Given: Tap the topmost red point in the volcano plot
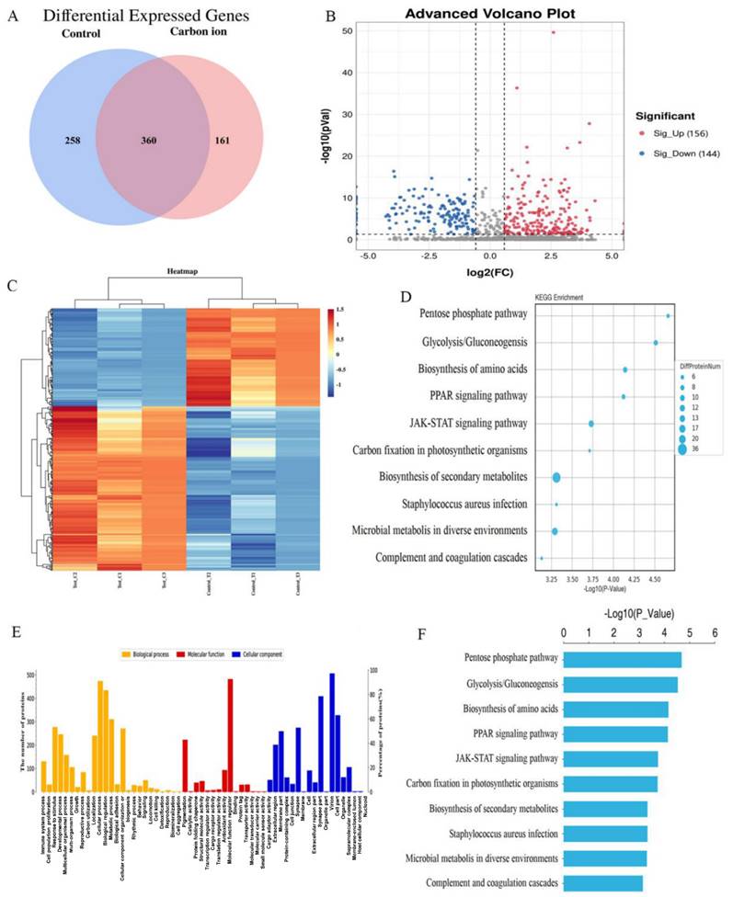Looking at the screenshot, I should point(553,32).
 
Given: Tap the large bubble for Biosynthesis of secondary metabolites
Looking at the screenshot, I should point(556,477).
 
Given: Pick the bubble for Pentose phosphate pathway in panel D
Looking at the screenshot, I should point(668,316).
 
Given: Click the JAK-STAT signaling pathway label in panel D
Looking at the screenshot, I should point(469,424).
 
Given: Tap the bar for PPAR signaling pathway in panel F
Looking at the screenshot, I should point(615,733).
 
